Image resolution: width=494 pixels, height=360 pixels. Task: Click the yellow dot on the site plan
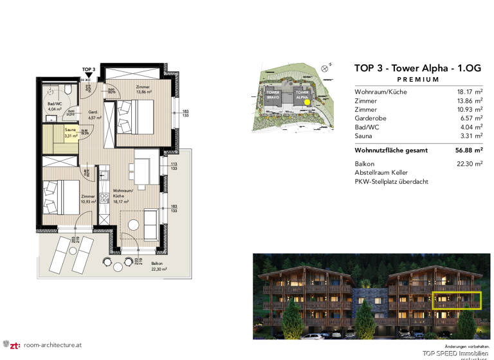(307, 102)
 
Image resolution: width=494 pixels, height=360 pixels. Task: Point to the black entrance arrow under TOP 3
(89, 76)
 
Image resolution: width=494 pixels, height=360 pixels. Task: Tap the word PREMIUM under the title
(418, 80)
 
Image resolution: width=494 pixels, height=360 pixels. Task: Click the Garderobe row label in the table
(370, 119)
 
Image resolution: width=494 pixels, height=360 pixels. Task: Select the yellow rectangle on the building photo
(457, 301)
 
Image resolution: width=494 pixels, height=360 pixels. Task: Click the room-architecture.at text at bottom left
(52, 345)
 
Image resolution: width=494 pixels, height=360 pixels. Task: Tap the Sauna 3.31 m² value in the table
(468, 137)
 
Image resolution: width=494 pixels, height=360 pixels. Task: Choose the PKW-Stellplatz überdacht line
(391, 182)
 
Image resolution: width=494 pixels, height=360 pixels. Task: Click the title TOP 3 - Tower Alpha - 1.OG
(417, 67)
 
